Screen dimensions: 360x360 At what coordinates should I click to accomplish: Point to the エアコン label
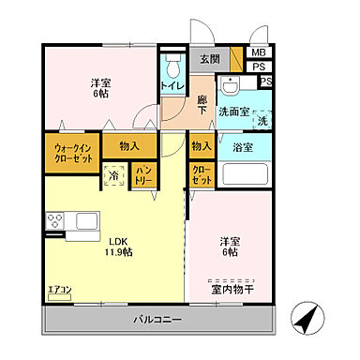pyautogui.click(x=59, y=290)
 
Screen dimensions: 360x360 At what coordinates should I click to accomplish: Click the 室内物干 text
pyautogui.click(x=232, y=290)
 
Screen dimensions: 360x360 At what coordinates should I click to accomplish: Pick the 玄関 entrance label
pyautogui.click(x=208, y=58)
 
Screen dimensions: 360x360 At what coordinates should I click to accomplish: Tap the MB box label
pyautogui.click(x=258, y=52)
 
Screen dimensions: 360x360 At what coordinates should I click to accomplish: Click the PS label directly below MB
pyautogui.click(x=258, y=67)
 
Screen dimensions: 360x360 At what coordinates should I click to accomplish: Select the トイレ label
pyautogui.click(x=172, y=85)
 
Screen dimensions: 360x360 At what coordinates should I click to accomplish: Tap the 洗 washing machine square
pyautogui.click(x=262, y=120)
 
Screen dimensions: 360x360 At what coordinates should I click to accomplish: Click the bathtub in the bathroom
pyautogui.click(x=246, y=174)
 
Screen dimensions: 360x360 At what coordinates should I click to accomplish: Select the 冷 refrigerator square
pyautogui.click(x=114, y=174)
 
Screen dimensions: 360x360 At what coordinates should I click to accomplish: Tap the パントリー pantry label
pyautogui.click(x=143, y=173)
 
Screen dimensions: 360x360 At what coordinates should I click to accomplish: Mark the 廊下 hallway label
pyautogui.click(x=202, y=102)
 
